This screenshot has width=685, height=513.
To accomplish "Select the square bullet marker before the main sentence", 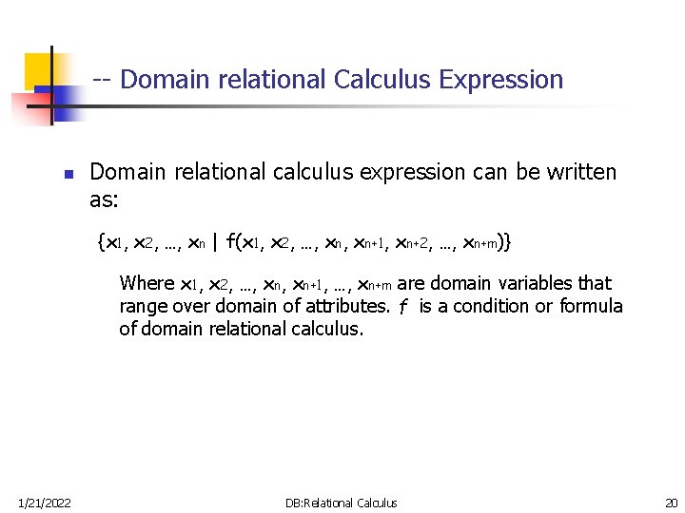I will (x=68, y=175).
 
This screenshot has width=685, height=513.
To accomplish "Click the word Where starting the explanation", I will (x=147, y=283).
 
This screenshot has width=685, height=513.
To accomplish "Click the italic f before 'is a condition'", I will (x=403, y=306).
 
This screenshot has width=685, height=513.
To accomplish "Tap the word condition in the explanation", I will (x=494, y=306).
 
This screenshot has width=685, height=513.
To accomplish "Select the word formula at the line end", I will (x=591, y=306).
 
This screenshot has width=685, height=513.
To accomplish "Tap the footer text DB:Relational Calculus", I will (x=342, y=503).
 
